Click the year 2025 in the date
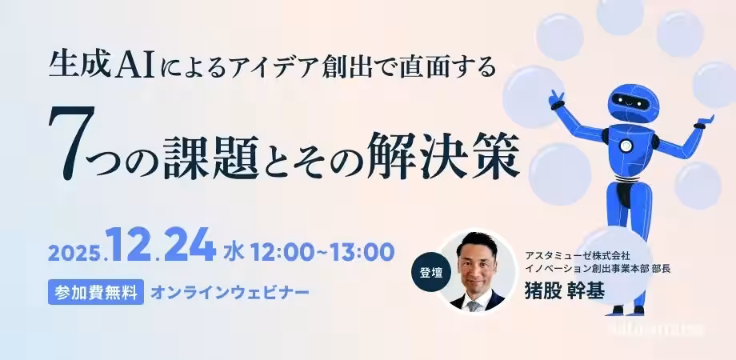click(x=76, y=254)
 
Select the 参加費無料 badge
click(x=95, y=291)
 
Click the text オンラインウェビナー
click(x=230, y=291)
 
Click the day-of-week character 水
click(x=234, y=252)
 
